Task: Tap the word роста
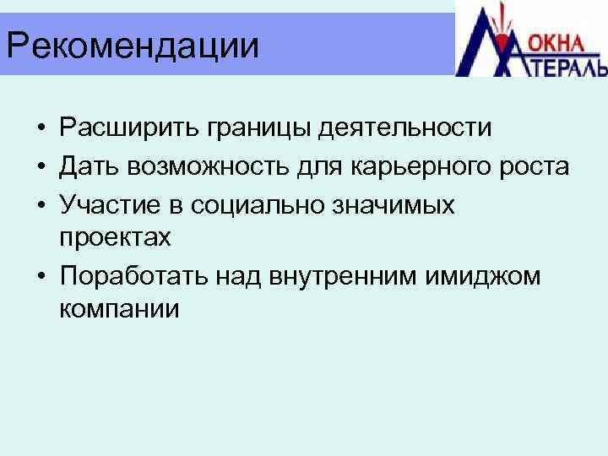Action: tap(533, 167)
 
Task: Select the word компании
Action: tap(119, 309)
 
